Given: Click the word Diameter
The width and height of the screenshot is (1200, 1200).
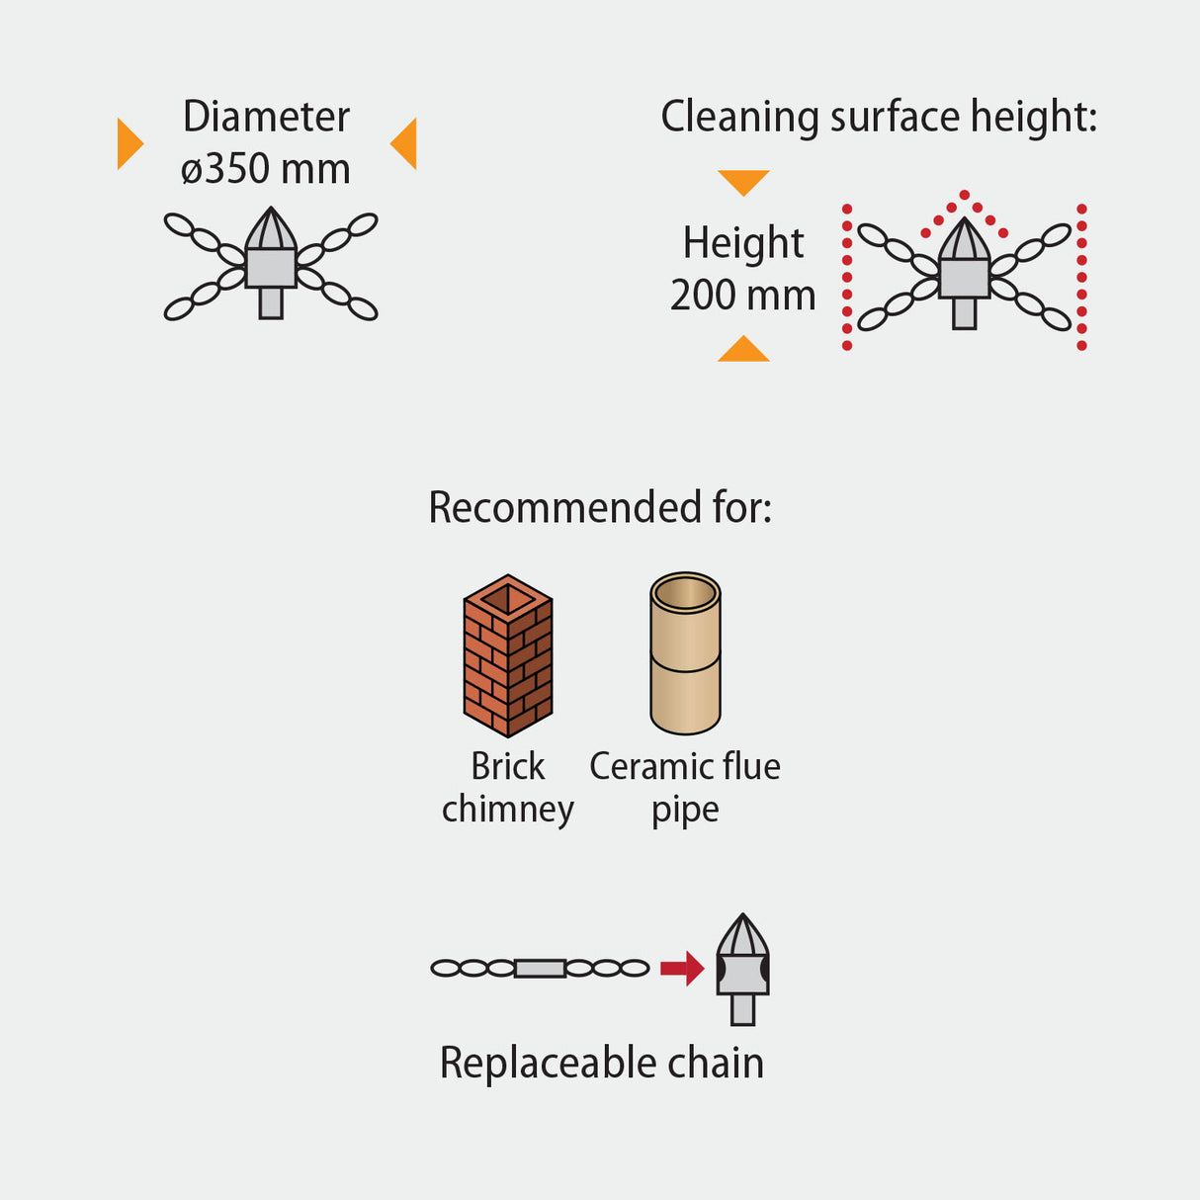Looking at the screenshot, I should (x=266, y=117).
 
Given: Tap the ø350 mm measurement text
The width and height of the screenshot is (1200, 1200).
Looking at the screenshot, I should (x=265, y=169).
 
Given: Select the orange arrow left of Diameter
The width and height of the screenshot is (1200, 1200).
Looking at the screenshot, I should (x=129, y=143).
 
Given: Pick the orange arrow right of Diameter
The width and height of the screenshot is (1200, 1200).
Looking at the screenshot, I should (x=405, y=143).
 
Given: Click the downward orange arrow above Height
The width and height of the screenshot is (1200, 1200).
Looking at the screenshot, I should (x=743, y=181).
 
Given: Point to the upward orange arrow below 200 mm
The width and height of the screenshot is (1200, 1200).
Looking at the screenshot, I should (x=743, y=350).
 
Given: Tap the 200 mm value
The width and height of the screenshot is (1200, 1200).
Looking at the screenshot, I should (x=742, y=295).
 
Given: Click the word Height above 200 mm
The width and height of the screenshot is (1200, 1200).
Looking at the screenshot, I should (x=743, y=243).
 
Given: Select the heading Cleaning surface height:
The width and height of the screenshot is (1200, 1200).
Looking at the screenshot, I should (x=878, y=117).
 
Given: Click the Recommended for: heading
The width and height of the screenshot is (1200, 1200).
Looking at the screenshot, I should (x=600, y=507).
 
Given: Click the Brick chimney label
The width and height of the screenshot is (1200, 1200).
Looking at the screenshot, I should (x=508, y=788).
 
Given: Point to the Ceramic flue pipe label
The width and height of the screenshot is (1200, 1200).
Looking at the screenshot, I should (x=685, y=788).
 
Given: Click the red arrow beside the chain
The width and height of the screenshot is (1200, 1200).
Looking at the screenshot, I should (x=681, y=968).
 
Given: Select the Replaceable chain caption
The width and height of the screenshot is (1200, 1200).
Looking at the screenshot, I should (x=601, y=1064).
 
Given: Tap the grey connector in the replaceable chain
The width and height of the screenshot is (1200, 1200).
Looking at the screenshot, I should (x=540, y=968).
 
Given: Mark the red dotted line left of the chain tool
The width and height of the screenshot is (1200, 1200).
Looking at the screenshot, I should (x=847, y=277).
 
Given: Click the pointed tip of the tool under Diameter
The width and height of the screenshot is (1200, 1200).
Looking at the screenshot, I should (x=271, y=217).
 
